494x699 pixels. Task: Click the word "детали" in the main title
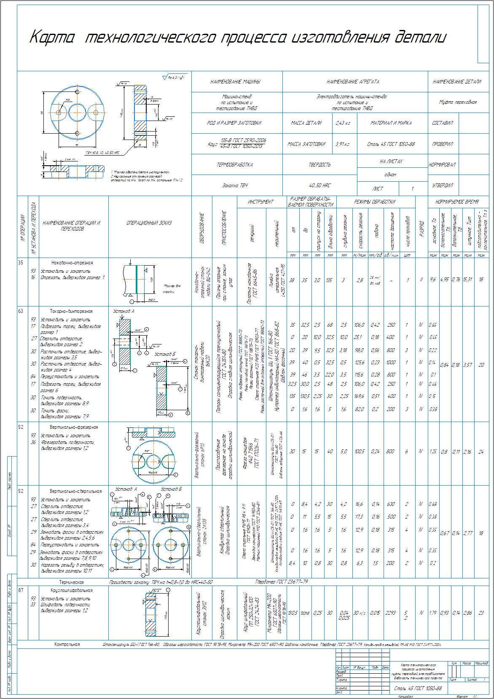tap(420, 38)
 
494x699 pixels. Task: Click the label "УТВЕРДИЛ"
tap(442, 185)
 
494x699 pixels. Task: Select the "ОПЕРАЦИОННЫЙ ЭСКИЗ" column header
tap(149, 223)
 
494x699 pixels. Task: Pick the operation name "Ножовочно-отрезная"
tap(72, 263)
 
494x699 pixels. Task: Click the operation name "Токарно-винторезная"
tap(71, 311)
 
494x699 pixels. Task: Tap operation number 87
tap(21, 590)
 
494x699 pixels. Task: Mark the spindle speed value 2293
tap(391, 613)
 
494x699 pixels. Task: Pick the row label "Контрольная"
tap(67, 644)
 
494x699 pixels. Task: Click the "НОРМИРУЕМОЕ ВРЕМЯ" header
tap(457, 202)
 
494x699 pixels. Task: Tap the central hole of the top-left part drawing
tap(77, 112)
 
